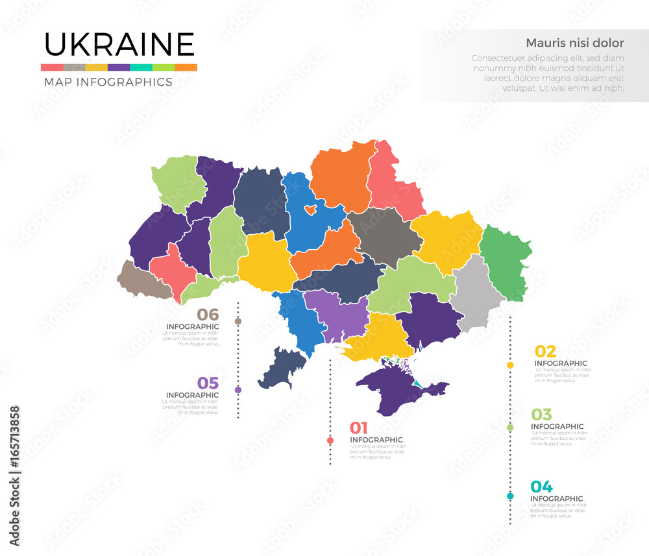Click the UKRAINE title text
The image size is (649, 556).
coord(119,44)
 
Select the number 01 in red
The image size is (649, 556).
coord(359,428)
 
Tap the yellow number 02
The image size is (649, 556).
coord(545,352)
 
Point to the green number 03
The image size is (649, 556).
coord(541,415)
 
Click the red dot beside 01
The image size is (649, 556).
coord(330,441)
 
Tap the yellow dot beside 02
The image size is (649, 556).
coord(510,365)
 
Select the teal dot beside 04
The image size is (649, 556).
coord(510,496)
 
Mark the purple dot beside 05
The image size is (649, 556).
coord(238,390)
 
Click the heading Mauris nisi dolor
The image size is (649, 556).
coord(574,43)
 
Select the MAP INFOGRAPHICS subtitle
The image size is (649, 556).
coord(108,82)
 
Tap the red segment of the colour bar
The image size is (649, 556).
coord(51,67)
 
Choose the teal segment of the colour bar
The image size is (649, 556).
coord(141,67)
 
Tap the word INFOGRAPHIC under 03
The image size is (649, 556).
coord(557,427)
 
